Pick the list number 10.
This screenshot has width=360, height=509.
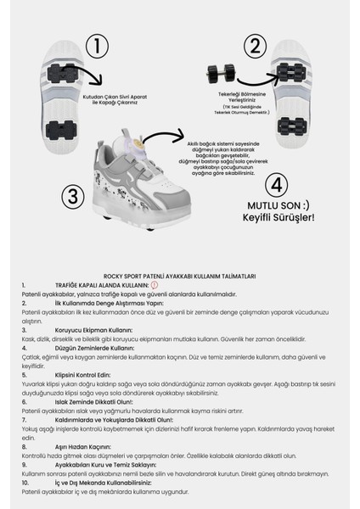[x=26, y=481]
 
